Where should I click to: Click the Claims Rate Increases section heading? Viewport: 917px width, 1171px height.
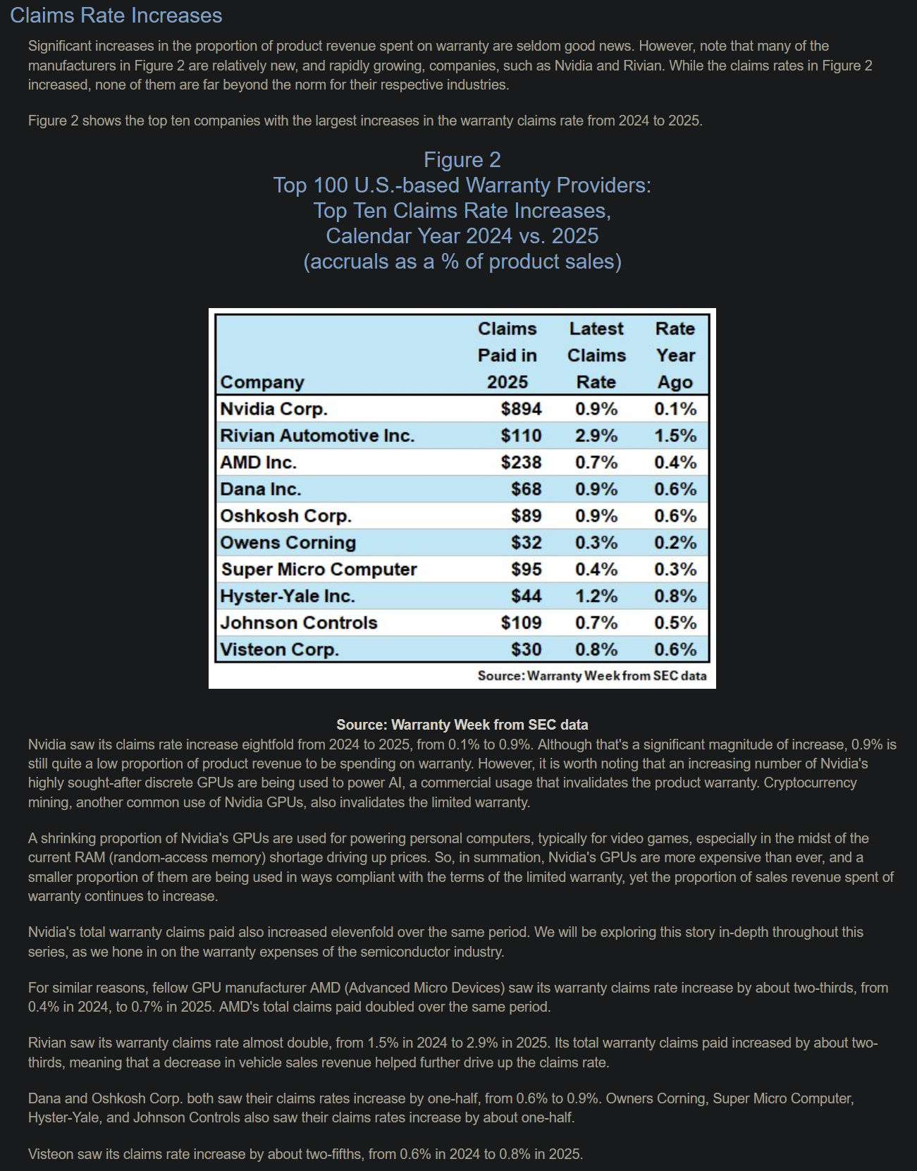click(x=116, y=16)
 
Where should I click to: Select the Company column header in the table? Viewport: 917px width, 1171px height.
click(x=262, y=382)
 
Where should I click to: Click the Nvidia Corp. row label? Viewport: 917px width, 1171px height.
click(x=273, y=409)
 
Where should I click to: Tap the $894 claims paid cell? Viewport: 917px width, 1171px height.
click(x=521, y=409)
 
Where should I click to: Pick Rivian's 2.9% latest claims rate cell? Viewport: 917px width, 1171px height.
click(x=596, y=436)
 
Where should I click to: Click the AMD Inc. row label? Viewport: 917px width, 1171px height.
click(x=258, y=462)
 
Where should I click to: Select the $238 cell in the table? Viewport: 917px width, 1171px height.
click(x=521, y=462)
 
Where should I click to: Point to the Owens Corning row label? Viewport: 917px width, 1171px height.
click(x=288, y=543)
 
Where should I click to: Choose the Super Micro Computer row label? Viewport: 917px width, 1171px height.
click(x=319, y=570)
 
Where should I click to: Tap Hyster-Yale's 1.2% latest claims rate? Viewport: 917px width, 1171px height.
click(x=596, y=596)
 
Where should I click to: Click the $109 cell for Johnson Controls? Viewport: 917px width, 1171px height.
click(x=521, y=623)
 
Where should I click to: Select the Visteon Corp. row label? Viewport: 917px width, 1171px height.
click(x=279, y=650)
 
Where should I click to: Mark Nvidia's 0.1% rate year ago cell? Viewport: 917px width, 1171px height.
click(x=675, y=409)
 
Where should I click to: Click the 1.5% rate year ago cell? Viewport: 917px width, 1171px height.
click(x=675, y=436)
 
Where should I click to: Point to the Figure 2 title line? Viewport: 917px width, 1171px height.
click(x=462, y=160)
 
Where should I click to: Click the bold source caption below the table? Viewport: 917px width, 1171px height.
click(x=462, y=725)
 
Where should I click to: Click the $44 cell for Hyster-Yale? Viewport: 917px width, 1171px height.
click(x=526, y=596)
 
